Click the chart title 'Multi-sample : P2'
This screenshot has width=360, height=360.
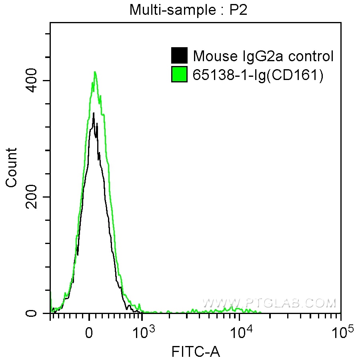pyautogui.click(x=188, y=10)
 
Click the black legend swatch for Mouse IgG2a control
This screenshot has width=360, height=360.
pyautogui.click(x=179, y=56)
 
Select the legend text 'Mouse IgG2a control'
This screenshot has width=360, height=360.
pyautogui.click(x=263, y=56)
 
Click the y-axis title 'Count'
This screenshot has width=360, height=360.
pyautogui.click(x=12, y=167)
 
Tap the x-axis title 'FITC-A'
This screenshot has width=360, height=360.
pyautogui.click(x=196, y=352)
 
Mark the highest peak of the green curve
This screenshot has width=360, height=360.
pyautogui.click(x=95, y=72)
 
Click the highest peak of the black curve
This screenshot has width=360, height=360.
pyautogui.click(x=93, y=113)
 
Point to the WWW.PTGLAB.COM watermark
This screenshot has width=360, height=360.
pyautogui.click(x=268, y=303)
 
